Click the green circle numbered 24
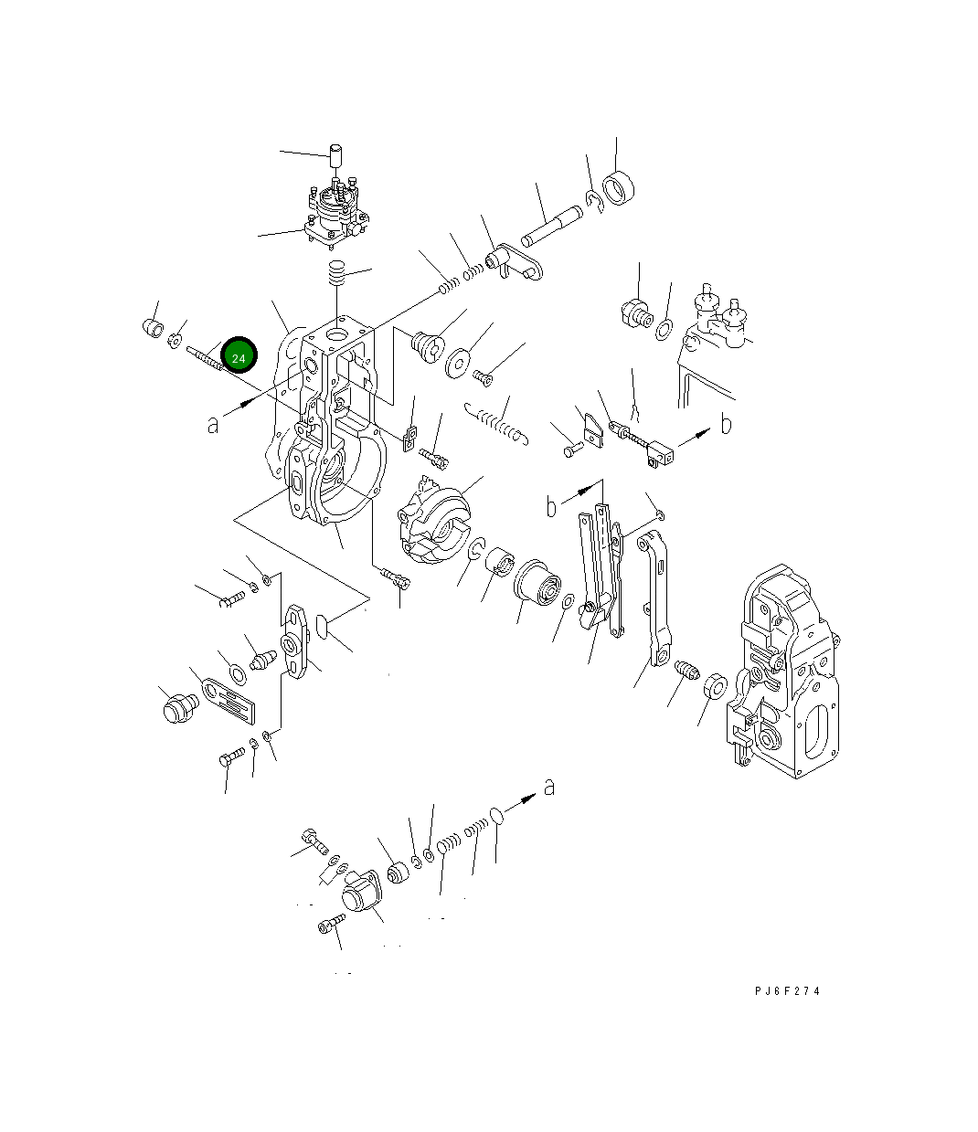pos(239,354)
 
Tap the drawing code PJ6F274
pos(787,990)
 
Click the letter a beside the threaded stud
pos(213,425)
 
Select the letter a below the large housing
pos(549,788)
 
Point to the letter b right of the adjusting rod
pos(726,424)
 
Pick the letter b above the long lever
pos(551,506)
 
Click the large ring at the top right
pos(618,188)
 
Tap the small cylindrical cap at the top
pos(335,156)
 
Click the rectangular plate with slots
pos(229,701)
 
